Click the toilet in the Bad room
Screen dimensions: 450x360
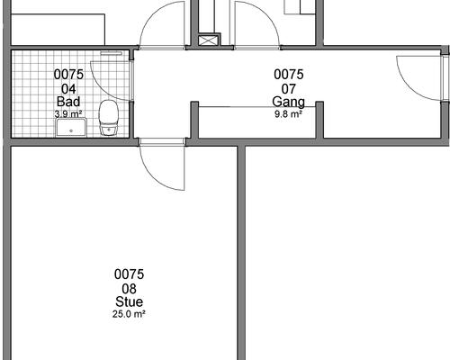pos(109,118)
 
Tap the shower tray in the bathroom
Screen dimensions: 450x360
pos(71,127)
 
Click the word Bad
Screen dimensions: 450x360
pos(68,102)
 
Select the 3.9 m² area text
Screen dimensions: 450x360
pos(68,114)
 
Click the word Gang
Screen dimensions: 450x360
pos(288,103)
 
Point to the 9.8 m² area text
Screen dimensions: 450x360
pos(288,114)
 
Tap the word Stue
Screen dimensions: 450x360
pos(129,301)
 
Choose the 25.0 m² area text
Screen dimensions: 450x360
pos(129,314)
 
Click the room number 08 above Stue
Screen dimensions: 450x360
pos(129,289)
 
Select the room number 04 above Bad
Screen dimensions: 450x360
pos(68,89)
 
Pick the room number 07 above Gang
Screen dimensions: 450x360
pos(289,89)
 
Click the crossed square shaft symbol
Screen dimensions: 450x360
pos(207,40)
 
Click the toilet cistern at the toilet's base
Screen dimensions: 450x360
pos(109,131)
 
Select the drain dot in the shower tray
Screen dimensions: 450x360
pos(71,130)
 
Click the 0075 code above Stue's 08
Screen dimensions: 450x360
pos(129,274)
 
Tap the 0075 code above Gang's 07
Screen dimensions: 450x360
pos(289,75)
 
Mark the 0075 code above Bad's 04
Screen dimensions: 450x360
pos(68,75)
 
